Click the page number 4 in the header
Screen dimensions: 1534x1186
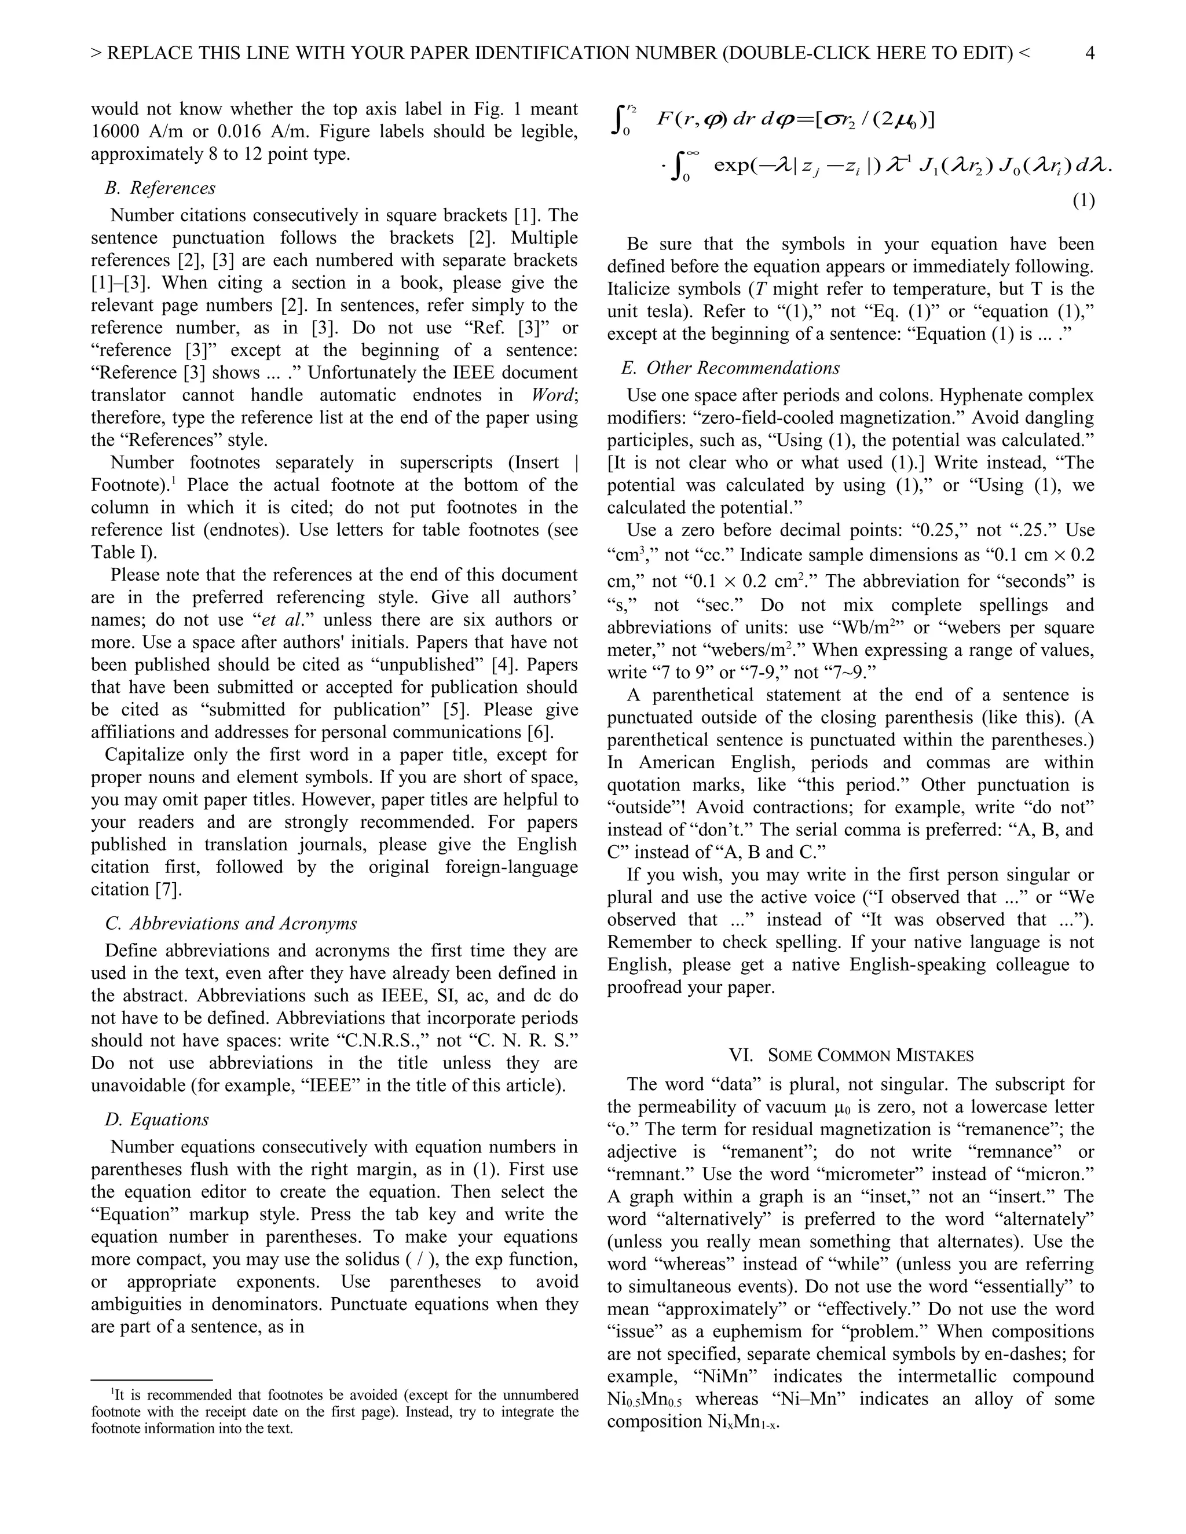point(1090,53)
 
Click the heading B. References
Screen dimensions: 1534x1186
point(160,188)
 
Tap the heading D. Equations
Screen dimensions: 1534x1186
point(157,1120)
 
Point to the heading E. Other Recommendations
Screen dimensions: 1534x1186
point(730,368)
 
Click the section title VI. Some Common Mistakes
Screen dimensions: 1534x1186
point(851,1055)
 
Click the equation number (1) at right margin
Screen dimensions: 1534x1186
point(1083,201)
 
